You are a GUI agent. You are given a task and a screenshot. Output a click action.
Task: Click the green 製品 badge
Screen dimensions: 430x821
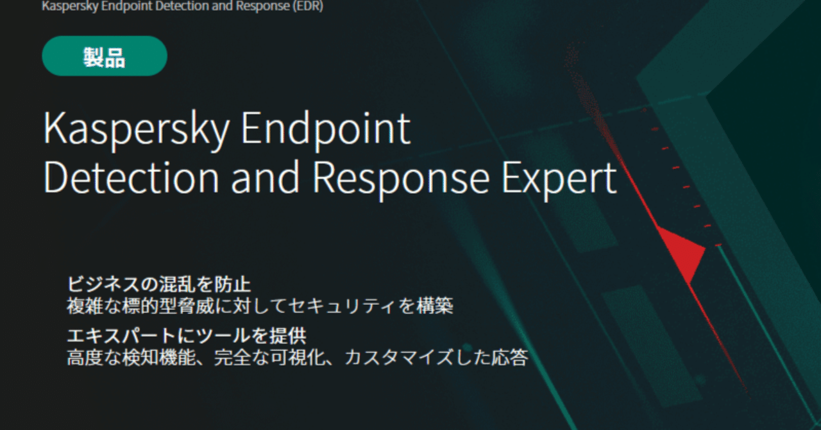click(x=105, y=57)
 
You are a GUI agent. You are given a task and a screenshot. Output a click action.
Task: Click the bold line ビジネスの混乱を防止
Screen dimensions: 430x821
click(x=158, y=284)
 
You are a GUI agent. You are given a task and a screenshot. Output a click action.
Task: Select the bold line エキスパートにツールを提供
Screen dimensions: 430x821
click(x=186, y=336)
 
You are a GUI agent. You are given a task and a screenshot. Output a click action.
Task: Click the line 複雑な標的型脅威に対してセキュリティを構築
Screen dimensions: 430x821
click(x=260, y=305)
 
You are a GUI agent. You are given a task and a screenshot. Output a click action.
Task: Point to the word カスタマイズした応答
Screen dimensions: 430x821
click(x=436, y=357)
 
